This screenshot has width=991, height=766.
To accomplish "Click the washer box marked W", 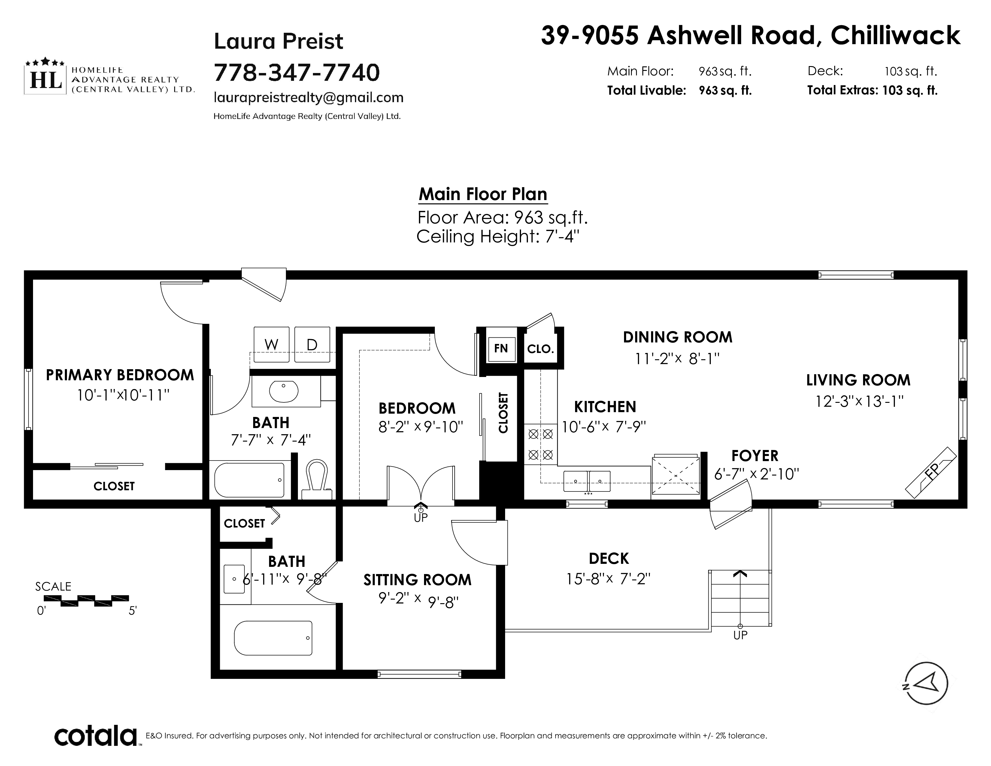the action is (271, 345).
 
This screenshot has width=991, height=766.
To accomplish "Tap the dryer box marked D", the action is (312, 345).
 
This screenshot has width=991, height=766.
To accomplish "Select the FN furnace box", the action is (502, 349).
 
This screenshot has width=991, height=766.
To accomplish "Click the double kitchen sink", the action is (587, 481).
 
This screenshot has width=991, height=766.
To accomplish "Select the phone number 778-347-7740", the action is (297, 72).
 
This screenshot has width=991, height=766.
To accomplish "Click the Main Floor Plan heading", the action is (483, 194).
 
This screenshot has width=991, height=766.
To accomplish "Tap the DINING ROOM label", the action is (677, 337).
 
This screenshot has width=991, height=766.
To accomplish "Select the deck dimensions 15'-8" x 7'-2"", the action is (608, 579).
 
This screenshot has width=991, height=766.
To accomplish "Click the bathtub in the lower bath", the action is (273, 638).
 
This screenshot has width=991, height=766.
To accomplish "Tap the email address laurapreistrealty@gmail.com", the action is (308, 98).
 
